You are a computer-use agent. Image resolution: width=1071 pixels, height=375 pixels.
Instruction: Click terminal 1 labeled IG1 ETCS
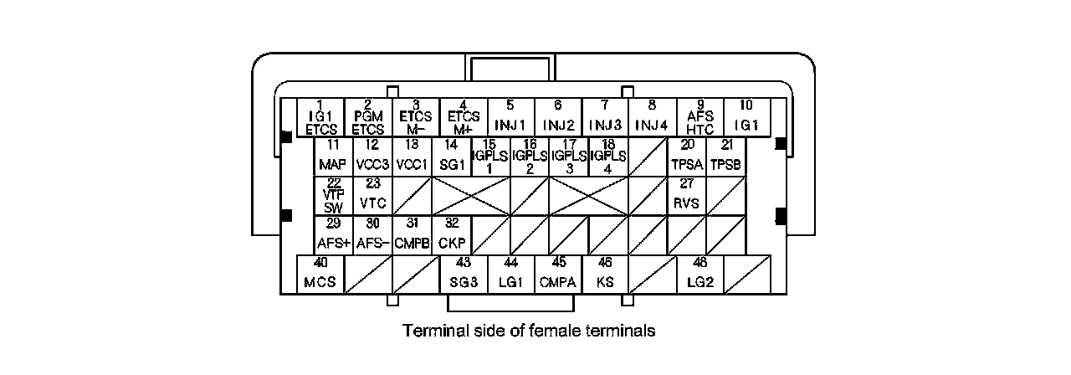(x=320, y=118)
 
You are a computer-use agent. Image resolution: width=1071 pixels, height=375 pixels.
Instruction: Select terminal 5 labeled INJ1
(x=510, y=118)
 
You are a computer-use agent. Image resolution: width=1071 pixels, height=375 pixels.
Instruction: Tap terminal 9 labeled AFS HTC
(x=699, y=118)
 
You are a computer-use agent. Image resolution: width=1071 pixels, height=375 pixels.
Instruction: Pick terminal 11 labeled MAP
(x=333, y=157)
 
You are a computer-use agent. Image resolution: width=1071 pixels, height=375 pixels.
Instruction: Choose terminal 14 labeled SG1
(x=451, y=157)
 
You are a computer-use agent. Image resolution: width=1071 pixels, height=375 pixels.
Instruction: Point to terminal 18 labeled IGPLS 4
(x=608, y=157)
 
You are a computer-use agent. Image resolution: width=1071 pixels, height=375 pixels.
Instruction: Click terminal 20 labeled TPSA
(x=687, y=157)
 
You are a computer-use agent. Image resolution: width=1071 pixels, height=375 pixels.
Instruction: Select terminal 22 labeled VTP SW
(x=333, y=196)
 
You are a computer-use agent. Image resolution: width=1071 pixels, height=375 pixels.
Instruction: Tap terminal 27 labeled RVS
(x=687, y=196)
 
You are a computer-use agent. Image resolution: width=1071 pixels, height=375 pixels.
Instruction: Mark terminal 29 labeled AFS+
(x=333, y=235)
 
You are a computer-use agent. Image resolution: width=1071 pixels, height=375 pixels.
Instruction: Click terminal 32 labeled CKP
(x=451, y=235)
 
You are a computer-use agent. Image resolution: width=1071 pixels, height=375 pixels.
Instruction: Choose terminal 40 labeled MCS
(x=320, y=275)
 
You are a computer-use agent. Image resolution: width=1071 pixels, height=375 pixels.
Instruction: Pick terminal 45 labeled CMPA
(x=557, y=275)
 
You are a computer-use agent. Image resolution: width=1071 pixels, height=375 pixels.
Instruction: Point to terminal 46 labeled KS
(x=605, y=275)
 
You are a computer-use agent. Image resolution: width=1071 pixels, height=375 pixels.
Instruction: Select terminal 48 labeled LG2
(x=699, y=275)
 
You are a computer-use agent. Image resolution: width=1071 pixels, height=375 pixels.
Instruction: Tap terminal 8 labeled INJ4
(x=652, y=118)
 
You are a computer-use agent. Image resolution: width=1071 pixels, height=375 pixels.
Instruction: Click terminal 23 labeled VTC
(x=372, y=196)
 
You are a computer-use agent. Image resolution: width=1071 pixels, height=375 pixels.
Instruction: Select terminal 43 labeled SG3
(x=463, y=275)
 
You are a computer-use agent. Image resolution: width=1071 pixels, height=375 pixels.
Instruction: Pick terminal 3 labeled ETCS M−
(x=415, y=118)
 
